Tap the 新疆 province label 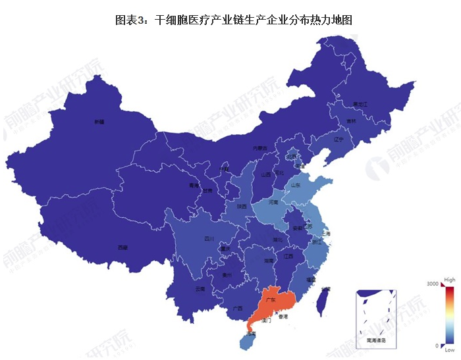[x=99, y=122]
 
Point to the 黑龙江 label [x=360, y=105]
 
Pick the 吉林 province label [x=351, y=121]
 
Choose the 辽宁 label [x=339, y=140]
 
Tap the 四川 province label [x=209, y=238]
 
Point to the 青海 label [x=194, y=186]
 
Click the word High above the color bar [x=450, y=279]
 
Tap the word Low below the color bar [x=449, y=351]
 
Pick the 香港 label [x=283, y=317]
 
